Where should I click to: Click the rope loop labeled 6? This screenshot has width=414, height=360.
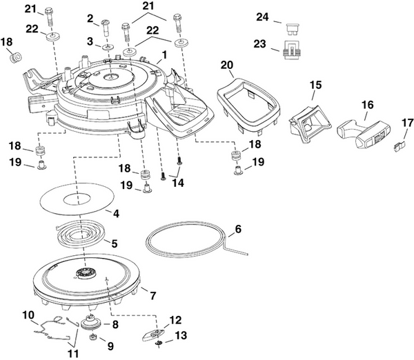pyautogui.click(x=186, y=239)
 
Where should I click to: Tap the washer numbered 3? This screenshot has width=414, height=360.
pyautogui.click(x=108, y=47)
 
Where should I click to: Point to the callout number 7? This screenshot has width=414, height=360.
pyautogui.click(x=153, y=296)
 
